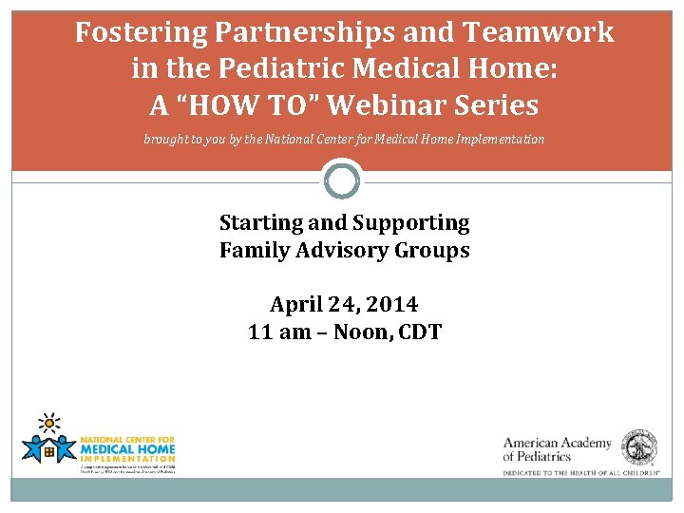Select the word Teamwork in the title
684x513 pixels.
539,33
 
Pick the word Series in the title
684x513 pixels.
497,104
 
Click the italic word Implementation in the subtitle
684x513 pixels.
496,140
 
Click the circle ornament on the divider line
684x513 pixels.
342,180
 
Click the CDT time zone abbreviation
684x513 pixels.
419,333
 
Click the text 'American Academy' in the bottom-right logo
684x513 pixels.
557,443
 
